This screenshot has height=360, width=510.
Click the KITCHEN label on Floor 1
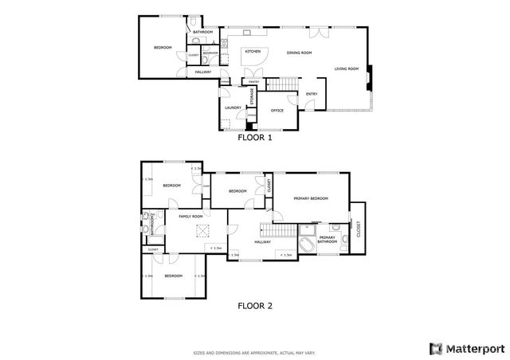click(253, 52)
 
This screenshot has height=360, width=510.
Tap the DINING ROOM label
click(299, 53)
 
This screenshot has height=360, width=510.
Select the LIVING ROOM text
click(346, 68)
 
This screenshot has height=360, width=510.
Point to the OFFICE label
click(277, 110)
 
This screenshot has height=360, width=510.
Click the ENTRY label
click(312, 94)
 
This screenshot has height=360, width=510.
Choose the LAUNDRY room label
click(233, 108)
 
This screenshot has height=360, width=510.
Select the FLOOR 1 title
click(255, 137)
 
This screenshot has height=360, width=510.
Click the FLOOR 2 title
click(255, 304)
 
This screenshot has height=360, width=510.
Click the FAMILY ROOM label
click(190, 217)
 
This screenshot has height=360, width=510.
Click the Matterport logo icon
click(435, 348)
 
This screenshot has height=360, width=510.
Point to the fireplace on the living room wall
click(368, 77)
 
